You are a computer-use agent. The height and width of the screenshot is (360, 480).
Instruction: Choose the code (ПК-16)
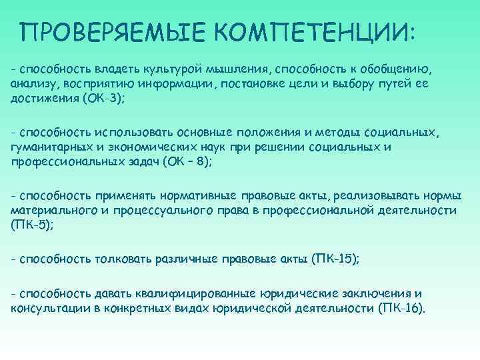click(x=401, y=309)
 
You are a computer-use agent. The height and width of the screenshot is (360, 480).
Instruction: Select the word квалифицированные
click(x=200, y=293)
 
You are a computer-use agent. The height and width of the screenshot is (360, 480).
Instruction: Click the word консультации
click(x=46, y=309)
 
